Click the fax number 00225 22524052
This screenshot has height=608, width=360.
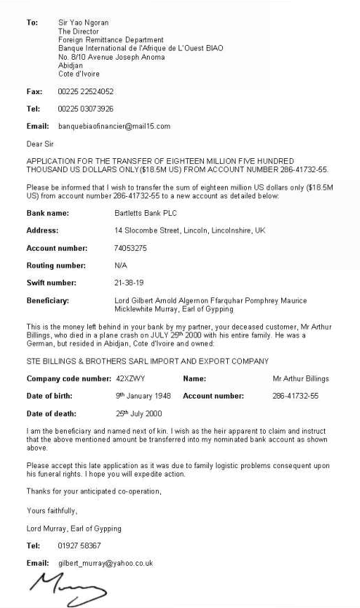86,91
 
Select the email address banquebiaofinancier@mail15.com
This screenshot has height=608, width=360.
114,127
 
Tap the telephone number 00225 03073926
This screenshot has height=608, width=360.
86,109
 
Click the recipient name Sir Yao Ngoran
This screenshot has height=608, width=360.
83,22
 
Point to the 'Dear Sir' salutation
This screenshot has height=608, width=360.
40,144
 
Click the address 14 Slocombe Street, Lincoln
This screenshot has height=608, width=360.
189,230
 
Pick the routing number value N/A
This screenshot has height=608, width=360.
120,266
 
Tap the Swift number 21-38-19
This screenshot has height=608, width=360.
128,283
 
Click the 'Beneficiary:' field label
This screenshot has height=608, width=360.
48,301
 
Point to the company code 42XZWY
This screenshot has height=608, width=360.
130,379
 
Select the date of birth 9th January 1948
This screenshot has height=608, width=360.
143,396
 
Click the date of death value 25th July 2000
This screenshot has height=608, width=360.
139,414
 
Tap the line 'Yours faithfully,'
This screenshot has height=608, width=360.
52,510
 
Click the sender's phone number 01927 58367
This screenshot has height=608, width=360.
79,545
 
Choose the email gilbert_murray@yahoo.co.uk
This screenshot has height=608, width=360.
105,563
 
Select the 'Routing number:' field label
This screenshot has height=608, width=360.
56,266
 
